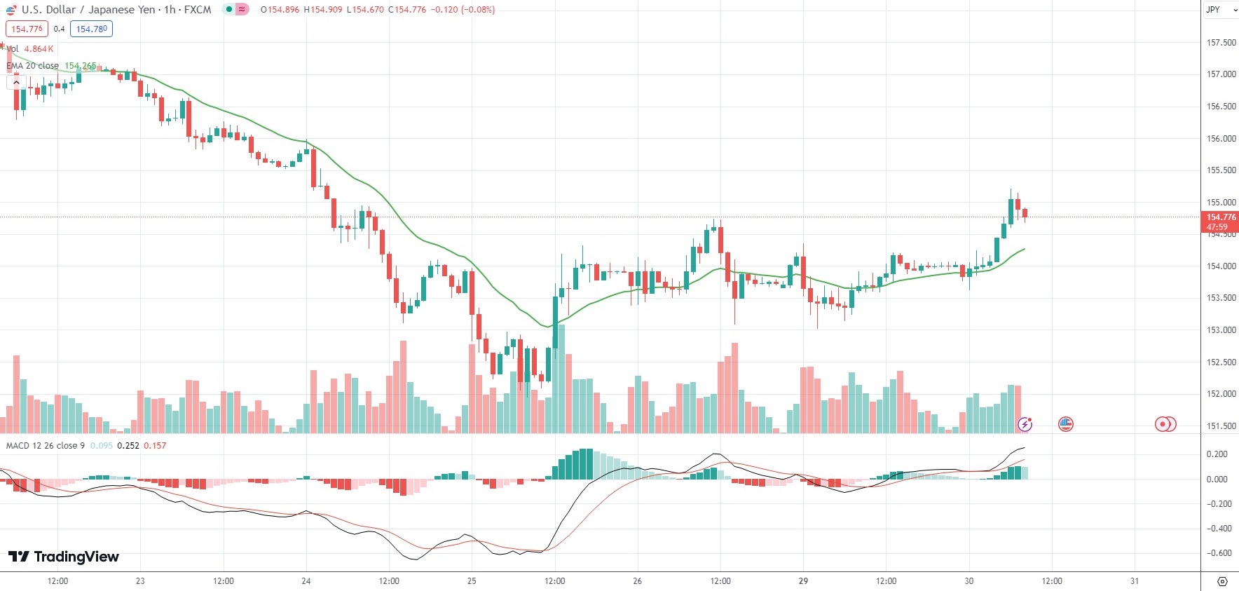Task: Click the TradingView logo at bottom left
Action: click(x=64, y=557)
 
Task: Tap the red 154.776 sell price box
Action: click(x=27, y=29)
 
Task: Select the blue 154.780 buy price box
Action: click(x=91, y=29)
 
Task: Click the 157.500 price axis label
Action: click(x=1221, y=43)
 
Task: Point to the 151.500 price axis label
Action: click(x=1221, y=426)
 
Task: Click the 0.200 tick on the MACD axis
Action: click(x=1217, y=454)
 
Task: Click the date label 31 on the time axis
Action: click(x=1135, y=581)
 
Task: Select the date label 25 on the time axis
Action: click(x=472, y=581)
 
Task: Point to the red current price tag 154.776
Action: click(x=1221, y=222)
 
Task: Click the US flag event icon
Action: click(x=1065, y=423)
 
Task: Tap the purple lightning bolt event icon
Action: click(x=1025, y=423)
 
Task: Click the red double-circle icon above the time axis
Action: click(x=1165, y=423)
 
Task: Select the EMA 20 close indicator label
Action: click(x=33, y=66)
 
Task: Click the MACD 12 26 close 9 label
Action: click(x=46, y=446)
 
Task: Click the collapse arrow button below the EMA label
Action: click(x=16, y=83)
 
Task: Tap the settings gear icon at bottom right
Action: click(x=1222, y=581)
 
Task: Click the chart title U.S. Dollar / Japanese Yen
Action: click(x=88, y=10)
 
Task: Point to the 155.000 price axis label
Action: click(x=1221, y=203)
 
